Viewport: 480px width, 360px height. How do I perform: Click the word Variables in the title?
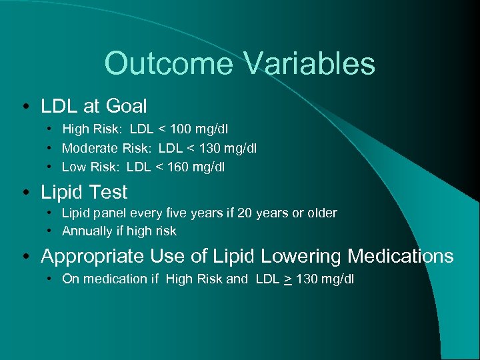[x=310, y=64]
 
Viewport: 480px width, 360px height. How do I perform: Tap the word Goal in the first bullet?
[x=127, y=105]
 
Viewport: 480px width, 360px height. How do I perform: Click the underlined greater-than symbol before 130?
[x=287, y=279]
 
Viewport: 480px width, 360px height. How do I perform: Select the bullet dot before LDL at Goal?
[x=24, y=107]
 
